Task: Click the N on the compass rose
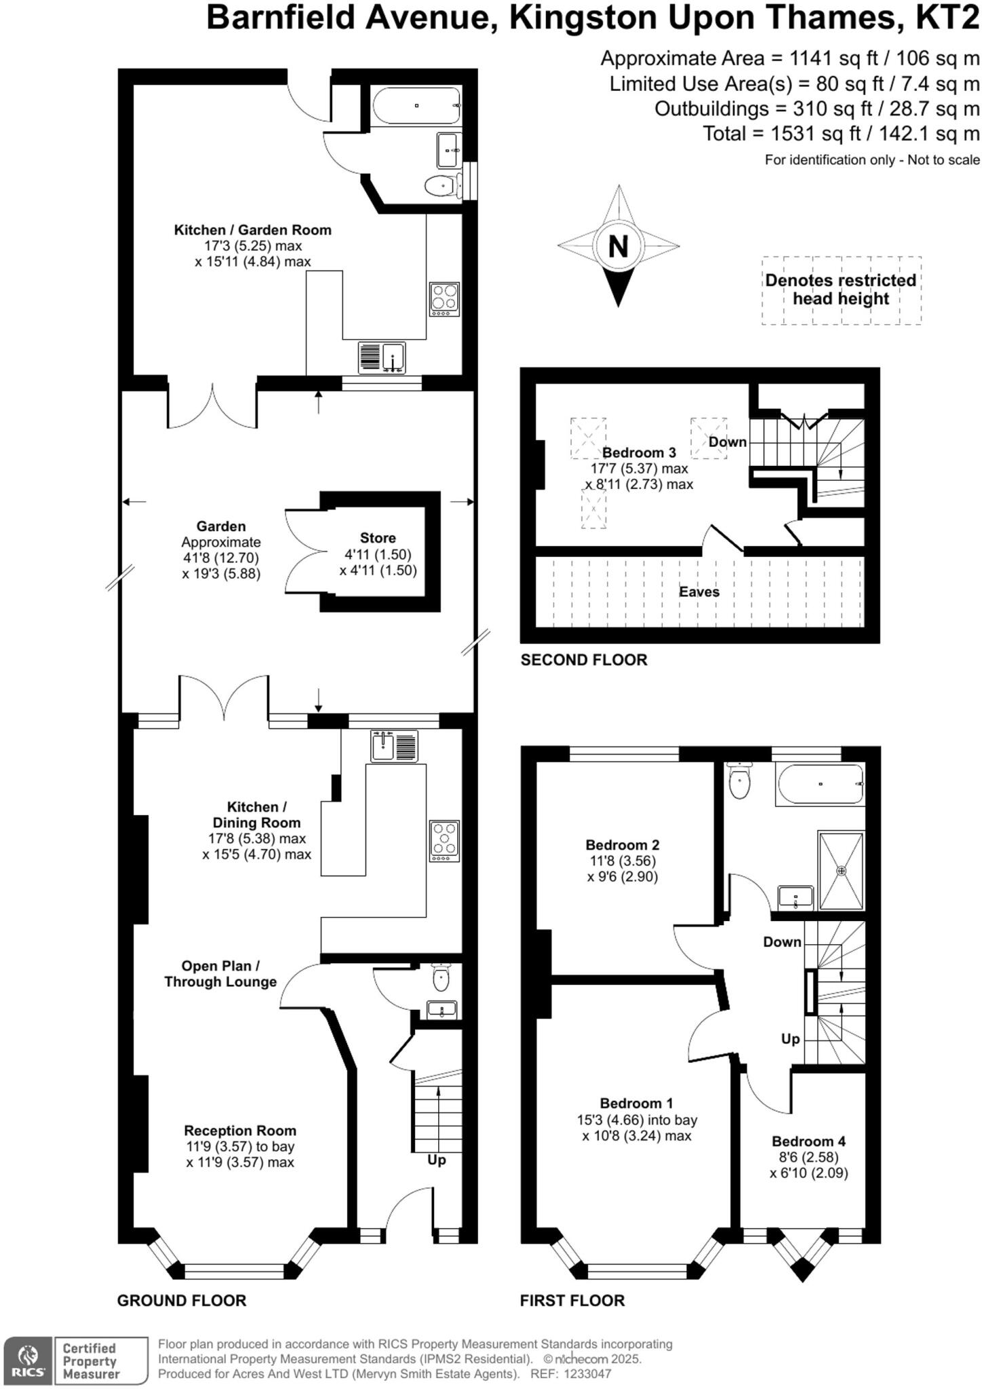(x=618, y=246)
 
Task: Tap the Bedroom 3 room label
(x=639, y=452)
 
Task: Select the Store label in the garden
(x=378, y=538)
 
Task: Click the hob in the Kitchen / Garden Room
(x=444, y=298)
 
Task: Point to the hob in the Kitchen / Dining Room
(x=444, y=841)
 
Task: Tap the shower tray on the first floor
(x=842, y=870)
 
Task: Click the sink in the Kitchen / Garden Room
(x=382, y=357)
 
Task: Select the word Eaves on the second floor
(x=699, y=591)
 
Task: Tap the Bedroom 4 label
(x=808, y=1141)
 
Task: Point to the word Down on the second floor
(x=727, y=442)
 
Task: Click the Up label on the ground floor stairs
(x=437, y=1160)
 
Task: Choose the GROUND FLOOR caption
(x=181, y=1300)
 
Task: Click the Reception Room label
(x=240, y=1131)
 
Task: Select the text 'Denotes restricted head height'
(x=841, y=290)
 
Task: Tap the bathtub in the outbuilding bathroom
(x=416, y=106)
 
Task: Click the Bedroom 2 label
(x=623, y=844)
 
